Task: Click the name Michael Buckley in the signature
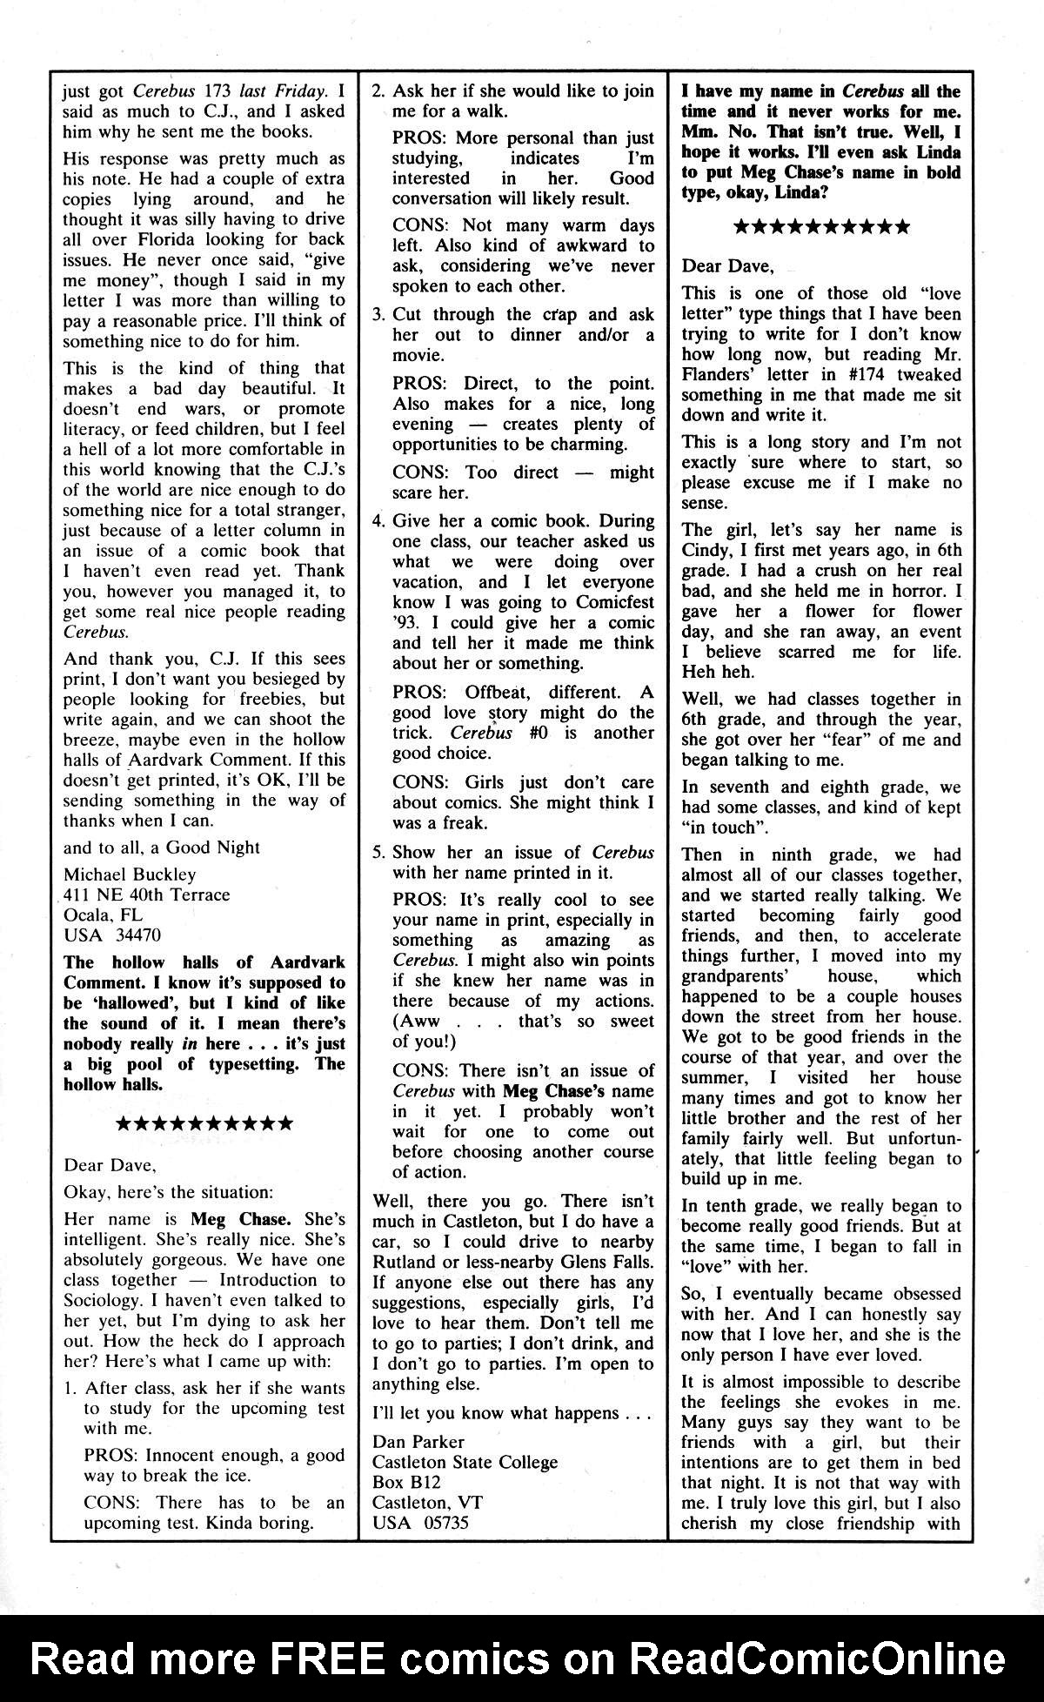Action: (130, 874)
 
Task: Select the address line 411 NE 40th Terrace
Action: (147, 895)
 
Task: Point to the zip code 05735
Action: (447, 1523)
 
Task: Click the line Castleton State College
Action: (465, 1462)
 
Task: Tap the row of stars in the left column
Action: (204, 1124)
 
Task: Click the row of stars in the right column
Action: (822, 227)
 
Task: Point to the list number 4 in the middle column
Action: (378, 521)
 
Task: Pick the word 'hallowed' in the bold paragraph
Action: (125, 1002)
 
